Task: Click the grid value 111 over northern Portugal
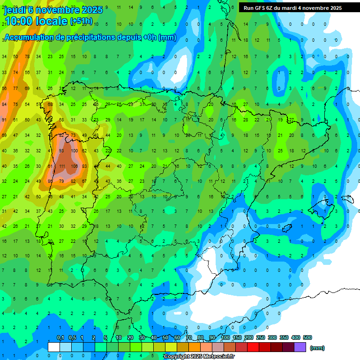[62, 166]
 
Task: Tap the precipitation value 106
[74, 166]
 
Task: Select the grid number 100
[73, 151]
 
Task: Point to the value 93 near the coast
[62, 151]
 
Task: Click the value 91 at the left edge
[4, 120]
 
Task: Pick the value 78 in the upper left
[27, 57]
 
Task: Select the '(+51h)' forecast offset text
[81, 21]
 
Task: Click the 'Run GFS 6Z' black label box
[292, 8]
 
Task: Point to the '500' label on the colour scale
[307, 337]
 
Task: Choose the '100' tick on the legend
[225, 337]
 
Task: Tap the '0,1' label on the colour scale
[60, 337]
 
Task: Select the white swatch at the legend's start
[54, 347]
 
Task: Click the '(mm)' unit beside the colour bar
[317, 348]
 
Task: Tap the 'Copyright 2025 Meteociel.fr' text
[199, 357]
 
